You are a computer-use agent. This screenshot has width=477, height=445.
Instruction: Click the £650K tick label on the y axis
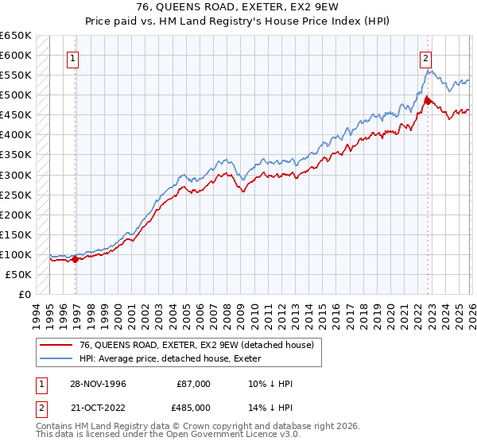tap(16, 36)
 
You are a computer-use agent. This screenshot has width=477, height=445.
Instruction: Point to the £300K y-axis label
tap(16, 175)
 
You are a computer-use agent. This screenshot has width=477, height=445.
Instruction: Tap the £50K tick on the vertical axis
tap(18, 274)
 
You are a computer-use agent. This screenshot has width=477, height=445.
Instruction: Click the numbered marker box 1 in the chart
tap(72, 57)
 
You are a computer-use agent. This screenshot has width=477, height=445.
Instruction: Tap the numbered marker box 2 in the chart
tap(425, 57)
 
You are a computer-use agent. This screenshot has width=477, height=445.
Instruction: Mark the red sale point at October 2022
tap(428, 100)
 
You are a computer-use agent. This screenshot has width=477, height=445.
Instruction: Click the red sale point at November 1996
tap(76, 259)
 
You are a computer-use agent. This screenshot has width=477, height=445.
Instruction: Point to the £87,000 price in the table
tap(195, 383)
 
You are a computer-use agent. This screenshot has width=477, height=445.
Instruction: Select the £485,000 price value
tap(195, 407)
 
